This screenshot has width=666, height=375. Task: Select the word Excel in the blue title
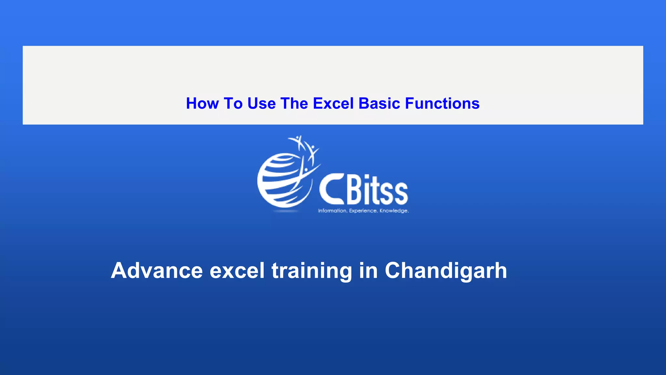click(x=333, y=104)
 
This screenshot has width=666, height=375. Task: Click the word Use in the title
click(x=261, y=104)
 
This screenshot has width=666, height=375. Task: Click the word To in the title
click(x=233, y=104)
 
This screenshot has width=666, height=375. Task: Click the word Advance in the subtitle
click(x=157, y=271)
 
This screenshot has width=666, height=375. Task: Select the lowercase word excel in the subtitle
click(x=237, y=271)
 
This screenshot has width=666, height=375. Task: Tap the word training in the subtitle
click(x=312, y=271)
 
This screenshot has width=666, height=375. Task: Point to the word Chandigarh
click(x=446, y=271)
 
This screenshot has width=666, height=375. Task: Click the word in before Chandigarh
click(x=368, y=271)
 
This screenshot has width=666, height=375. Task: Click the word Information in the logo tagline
click(x=332, y=211)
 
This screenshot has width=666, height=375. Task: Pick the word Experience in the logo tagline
click(x=363, y=211)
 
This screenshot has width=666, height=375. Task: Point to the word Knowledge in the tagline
click(x=394, y=211)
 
